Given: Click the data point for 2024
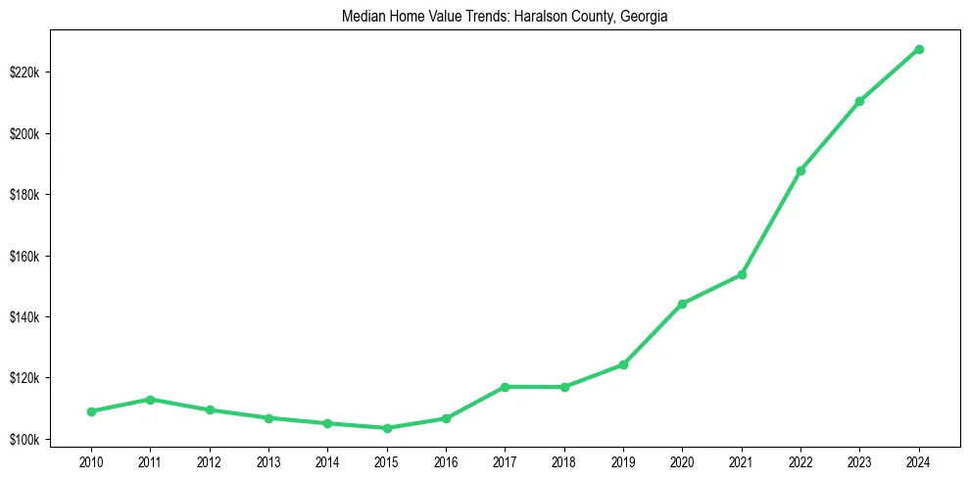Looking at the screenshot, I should pos(919,49).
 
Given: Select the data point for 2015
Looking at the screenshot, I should pos(387,428).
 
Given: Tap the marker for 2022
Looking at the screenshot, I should pos(800,170).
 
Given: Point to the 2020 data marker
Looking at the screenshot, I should pos(682,304).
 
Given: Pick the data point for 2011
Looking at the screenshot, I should pos(150,400).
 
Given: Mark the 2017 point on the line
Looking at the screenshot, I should pos(505,387).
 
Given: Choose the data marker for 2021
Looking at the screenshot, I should pos(742,274).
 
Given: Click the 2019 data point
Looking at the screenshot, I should pos(623,364).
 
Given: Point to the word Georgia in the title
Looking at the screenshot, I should pos(644,17).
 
